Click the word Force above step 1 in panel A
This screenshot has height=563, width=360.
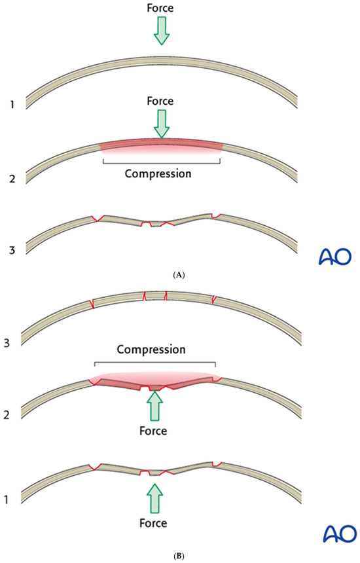click(160, 9)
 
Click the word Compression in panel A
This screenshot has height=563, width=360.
click(158, 173)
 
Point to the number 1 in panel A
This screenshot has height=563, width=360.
click(12, 105)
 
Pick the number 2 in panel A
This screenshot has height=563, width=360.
click(12, 179)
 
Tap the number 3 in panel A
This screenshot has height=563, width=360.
click(12, 250)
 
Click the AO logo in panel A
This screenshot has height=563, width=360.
click(335, 257)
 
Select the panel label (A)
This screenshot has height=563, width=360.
click(179, 276)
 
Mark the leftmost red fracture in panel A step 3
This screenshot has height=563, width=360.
click(98, 218)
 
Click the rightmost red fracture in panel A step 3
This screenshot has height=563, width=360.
click(216, 215)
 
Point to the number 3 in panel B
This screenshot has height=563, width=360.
click(7, 343)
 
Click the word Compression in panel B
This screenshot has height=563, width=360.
click(151, 350)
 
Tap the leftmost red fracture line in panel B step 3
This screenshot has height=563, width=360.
click(92, 304)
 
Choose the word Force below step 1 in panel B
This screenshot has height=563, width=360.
click(153, 523)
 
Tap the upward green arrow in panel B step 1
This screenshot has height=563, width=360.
click(154, 498)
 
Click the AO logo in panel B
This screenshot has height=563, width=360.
click(340, 534)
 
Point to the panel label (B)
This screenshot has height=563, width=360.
click(179, 556)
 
